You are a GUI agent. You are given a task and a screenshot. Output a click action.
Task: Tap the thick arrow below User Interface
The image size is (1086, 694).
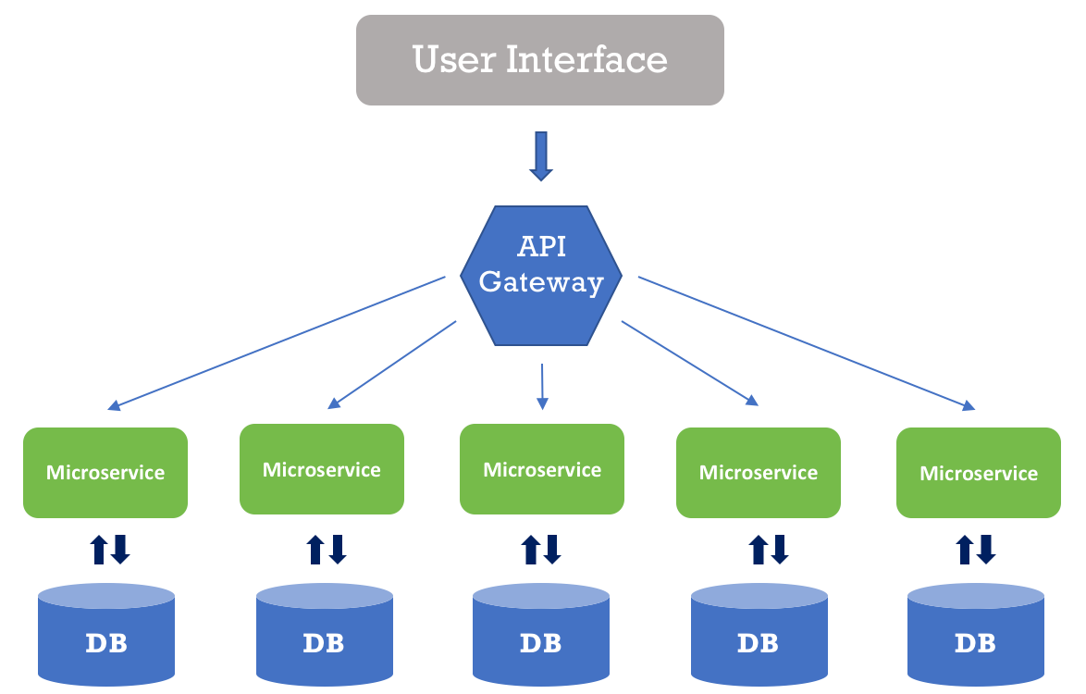click(x=541, y=155)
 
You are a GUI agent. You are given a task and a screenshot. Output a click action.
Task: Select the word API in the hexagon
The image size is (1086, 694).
click(x=542, y=248)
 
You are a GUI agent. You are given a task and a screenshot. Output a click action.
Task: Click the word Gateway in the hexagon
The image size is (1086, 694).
click(x=542, y=282)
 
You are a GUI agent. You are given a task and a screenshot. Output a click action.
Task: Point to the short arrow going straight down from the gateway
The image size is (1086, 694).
click(x=542, y=386)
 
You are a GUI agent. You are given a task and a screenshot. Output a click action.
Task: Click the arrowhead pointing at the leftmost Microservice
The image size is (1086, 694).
click(x=113, y=405)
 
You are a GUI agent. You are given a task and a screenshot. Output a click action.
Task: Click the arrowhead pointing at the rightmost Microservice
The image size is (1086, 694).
click(x=969, y=405)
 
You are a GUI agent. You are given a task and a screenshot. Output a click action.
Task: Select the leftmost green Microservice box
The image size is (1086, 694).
click(x=105, y=472)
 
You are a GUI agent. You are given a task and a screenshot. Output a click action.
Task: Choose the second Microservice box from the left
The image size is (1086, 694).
click(x=321, y=469)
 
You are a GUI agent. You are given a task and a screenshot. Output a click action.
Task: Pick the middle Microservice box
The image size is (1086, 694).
click(x=542, y=469)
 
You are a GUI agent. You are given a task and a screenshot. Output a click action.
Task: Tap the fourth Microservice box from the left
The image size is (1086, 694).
click(x=759, y=472)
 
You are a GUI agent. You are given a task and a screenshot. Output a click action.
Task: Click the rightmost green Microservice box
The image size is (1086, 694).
click(x=979, y=473)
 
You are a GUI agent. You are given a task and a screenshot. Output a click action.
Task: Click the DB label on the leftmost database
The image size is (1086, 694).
click(x=106, y=643)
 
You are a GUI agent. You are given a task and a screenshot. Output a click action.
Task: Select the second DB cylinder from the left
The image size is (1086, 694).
click(x=324, y=638)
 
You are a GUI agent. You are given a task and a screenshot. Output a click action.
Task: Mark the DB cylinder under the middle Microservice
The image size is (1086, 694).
click(x=541, y=638)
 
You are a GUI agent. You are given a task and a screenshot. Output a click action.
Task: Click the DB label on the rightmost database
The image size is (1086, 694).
click(x=975, y=642)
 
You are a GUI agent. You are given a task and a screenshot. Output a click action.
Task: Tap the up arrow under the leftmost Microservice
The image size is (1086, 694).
click(x=98, y=550)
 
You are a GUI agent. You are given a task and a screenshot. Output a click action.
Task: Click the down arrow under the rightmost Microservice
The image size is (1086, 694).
click(x=986, y=549)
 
